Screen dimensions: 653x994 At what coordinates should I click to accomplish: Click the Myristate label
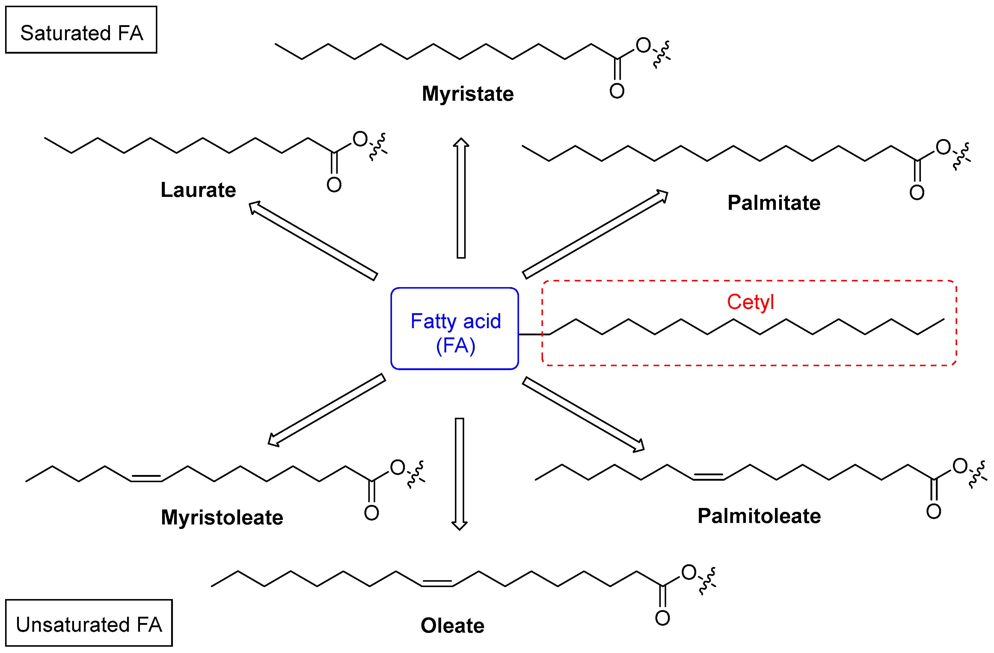(x=467, y=93)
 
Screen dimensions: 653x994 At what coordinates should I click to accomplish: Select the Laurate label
(x=198, y=190)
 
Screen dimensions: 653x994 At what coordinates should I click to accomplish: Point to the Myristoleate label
(x=222, y=518)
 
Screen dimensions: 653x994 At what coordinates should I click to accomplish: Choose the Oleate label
(x=452, y=626)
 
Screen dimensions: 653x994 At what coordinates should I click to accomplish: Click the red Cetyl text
(x=750, y=302)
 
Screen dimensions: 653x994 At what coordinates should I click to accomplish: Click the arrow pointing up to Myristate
(x=461, y=198)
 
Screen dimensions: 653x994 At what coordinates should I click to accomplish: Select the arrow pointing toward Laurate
(x=313, y=241)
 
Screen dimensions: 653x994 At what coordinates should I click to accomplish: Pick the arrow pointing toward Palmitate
(x=595, y=234)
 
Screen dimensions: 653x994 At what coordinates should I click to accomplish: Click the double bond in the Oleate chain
(x=437, y=584)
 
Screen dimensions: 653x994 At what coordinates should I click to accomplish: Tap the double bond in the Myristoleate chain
(x=146, y=478)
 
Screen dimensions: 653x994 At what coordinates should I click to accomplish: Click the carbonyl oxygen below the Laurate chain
(x=334, y=185)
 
